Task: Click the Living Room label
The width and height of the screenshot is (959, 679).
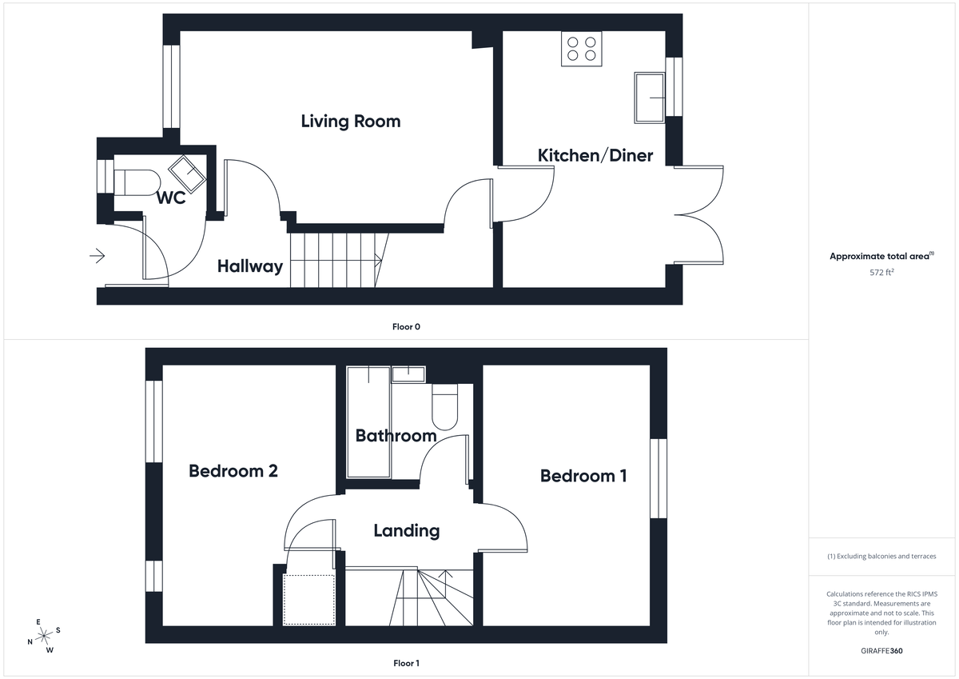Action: (x=350, y=122)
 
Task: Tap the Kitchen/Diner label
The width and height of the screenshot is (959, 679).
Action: (x=595, y=155)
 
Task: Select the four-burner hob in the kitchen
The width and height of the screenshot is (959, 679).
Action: (x=581, y=49)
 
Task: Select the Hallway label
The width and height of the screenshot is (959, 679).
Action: (x=250, y=266)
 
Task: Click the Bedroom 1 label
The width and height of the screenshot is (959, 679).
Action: (x=583, y=476)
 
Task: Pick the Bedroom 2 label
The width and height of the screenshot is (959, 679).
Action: (x=233, y=470)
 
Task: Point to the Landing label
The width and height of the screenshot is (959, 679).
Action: (x=406, y=530)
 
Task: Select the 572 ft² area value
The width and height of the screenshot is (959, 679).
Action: (x=881, y=272)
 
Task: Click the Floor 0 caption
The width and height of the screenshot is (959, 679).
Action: (x=406, y=326)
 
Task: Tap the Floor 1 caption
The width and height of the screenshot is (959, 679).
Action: (x=406, y=663)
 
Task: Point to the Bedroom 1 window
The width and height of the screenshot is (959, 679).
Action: (x=658, y=478)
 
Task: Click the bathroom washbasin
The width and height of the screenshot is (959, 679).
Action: (x=408, y=373)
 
